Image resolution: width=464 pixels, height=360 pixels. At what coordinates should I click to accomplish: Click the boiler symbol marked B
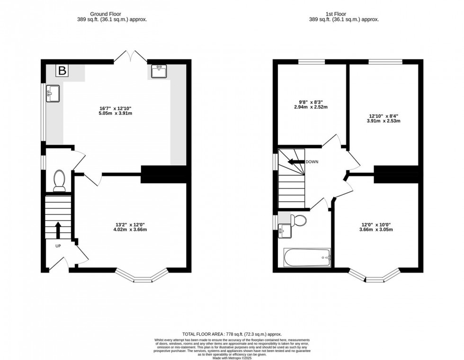(62, 71)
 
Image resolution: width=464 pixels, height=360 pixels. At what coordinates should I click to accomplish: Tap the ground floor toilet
(60, 180)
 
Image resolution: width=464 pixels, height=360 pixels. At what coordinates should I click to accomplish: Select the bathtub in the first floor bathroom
(307, 258)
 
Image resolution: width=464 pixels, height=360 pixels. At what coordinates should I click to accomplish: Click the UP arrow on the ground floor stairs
(58, 231)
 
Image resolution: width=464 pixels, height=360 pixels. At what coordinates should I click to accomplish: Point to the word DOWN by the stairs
(312, 162)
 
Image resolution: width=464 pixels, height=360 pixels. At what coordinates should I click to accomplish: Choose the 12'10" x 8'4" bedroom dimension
(384, 118)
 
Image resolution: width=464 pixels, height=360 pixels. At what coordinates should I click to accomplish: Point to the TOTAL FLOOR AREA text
(232, 334)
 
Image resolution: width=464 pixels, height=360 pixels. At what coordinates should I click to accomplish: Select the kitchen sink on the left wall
(52, 93)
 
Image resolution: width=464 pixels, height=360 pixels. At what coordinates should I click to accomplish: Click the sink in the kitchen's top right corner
(158, 72)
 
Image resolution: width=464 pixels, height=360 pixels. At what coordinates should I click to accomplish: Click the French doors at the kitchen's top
(130, 57)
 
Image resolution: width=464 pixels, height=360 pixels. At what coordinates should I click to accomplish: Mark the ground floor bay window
(142, 276)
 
